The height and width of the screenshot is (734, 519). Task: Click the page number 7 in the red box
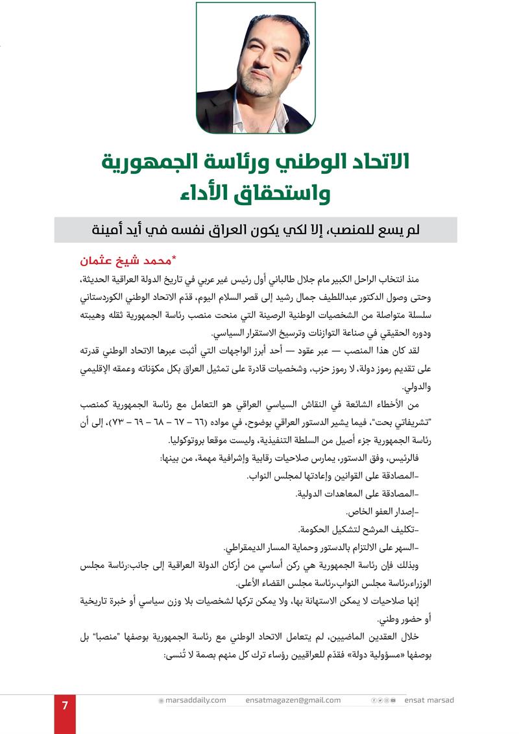pos(65,706)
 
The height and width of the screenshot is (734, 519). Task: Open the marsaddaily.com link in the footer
pos(195,700)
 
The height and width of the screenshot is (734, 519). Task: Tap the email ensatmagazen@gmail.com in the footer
pos(293,700)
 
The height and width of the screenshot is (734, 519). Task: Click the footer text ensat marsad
pos(429,700)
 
